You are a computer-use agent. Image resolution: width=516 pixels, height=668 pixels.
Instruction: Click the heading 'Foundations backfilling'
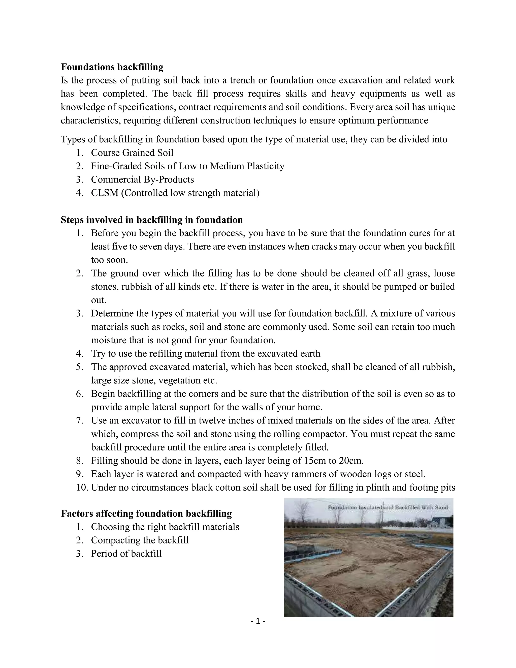click(x=112, y=67)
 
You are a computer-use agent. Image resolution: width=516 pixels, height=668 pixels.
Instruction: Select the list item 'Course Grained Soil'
click(x=132, y=153)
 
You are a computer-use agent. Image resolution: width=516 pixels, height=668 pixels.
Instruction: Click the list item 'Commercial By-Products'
click(x=142, y=179)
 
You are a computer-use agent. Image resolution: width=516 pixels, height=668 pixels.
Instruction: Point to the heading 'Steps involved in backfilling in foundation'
click(x=152, y=220)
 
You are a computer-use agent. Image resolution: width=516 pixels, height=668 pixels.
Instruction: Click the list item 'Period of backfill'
click(x=126, y=554)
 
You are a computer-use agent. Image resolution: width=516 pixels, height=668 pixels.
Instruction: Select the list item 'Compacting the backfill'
click(x=140, y=540)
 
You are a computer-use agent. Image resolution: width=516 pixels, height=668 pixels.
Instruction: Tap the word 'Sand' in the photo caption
click(x=441, y=508)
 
